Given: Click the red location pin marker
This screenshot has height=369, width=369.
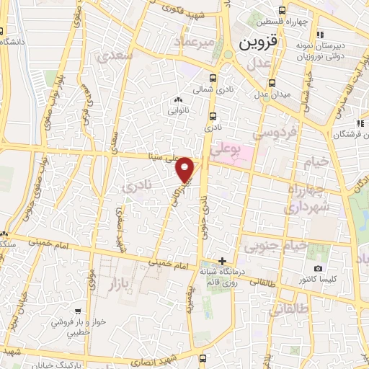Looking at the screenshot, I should tap(186, 169).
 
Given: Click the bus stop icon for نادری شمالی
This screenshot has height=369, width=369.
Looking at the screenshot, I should tap(212, 79).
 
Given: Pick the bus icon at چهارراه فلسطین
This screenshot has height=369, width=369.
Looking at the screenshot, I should tap(283, 10).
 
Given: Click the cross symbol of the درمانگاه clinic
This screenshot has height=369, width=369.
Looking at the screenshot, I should tap(223, 260).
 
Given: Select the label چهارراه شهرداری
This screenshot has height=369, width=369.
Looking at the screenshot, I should tap(308, 199).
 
